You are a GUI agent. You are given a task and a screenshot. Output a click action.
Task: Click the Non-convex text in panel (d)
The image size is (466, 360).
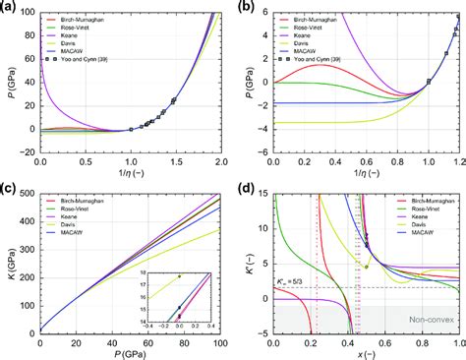(428, 319)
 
